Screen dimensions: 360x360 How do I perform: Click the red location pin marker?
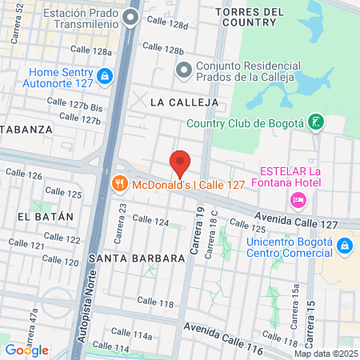pos(181,163)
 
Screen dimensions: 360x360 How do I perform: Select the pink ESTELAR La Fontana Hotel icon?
pos(298,198)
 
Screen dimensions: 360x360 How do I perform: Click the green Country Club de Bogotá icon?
pos(318,122)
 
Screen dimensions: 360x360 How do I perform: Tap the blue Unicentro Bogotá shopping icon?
pos(345,245)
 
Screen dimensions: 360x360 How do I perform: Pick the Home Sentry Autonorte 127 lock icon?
pos(103,76)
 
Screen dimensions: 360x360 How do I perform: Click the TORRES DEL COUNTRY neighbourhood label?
pos(250,18)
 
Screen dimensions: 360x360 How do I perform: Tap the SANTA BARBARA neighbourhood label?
pos(131,258)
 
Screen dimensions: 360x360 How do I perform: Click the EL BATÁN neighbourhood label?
pos(45,216)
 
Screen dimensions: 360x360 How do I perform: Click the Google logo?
pos(26,350)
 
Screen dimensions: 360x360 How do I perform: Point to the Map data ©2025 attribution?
pos(326,354)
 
